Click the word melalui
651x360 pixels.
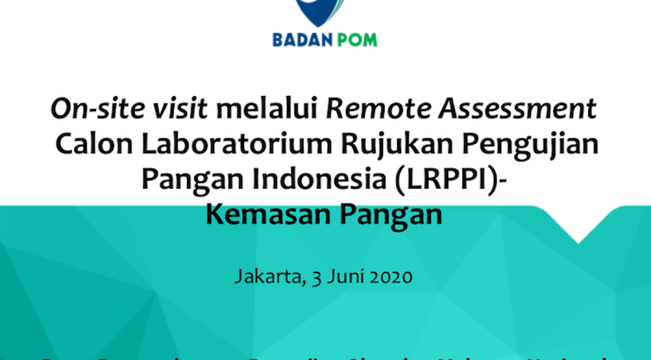click(x=267, y=109)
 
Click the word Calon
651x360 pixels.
click(x=94, y=145)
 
